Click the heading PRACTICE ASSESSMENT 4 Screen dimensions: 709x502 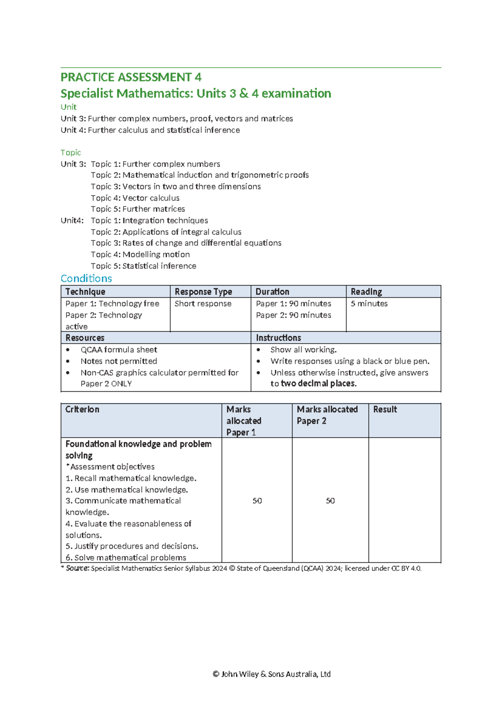pyautogui.click(x=131, y=77)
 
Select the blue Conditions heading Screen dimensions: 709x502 pyautogui.click(x=86, y=278)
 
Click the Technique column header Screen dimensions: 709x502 pyautogui.click(x=85, y=291)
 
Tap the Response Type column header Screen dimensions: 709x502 pyautogui.click(x=203, y=291)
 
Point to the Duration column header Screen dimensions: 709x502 pyautogui.click(x=272, y=291)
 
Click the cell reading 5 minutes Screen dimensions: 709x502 pyautogui.click(x=369, y=303)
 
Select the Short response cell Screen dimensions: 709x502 pyautogui.click(x=203, y=303)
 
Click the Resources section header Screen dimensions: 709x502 pyautogui.click(x=85, y=338)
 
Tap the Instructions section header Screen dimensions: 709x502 pyautogui.click(x=278, y=338)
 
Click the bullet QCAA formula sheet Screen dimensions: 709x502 pyautogui.click(x=119, y=349)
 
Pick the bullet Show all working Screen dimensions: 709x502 pyautogui.click(x=303, y=349)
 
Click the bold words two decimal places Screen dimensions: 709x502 pyautogui.click(x=318, y=384)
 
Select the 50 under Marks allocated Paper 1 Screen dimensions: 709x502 pyautogui.click(x=257, y=500)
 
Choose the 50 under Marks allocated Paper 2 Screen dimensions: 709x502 pyautogui.click(x=330, y=500)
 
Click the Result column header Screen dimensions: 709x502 pyautogui.click(x=385, y=409)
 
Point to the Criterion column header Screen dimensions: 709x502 pyautogui.click(x=82, y=409)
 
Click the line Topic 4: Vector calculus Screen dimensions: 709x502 pyautogui.click(x=135, y=198)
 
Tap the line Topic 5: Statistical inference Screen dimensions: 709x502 pyautogui.click(x=143, y=266)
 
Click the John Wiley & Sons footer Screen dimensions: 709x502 pyautogui.click(x=271, y=674)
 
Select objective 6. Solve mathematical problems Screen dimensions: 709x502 pyautogui.click(x=126, y=558)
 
